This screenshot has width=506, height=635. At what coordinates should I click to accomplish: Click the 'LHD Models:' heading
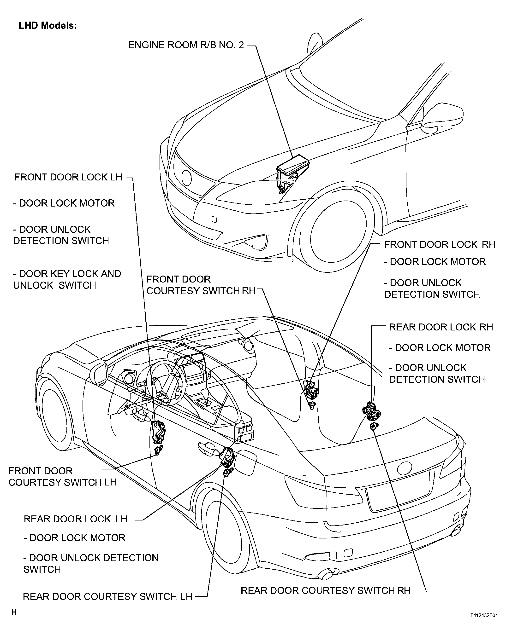coord(48,26)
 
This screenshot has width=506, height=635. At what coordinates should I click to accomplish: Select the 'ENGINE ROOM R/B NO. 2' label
coord(186,45)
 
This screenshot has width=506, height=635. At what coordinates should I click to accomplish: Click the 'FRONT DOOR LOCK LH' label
coord(68,177)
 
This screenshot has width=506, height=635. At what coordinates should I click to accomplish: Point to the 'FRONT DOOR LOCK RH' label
coord(439,244)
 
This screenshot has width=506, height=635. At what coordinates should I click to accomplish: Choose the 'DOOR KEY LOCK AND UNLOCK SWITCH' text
coord(67,279)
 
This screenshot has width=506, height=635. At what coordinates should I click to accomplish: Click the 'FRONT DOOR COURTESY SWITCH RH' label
coord(201,285)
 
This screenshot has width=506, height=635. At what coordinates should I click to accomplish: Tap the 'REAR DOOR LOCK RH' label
coord(441,327)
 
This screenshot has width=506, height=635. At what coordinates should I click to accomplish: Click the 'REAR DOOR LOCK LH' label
coord(76,519)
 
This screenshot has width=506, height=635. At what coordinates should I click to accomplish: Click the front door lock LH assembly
coord(158,432)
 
